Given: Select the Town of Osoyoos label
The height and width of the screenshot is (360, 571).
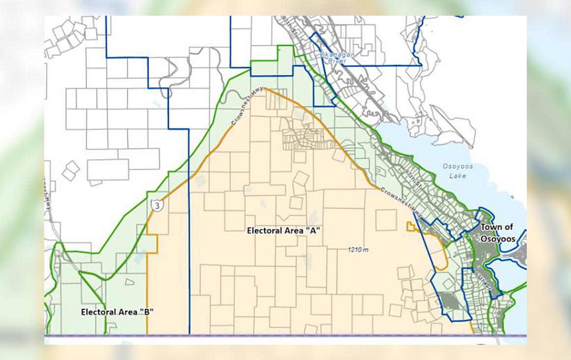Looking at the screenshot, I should (x=497, y=233).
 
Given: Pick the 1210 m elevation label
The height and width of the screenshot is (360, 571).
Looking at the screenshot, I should (x=358, y=250).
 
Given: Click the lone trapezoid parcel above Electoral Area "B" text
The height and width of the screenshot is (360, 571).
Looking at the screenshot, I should (x=130, y=282).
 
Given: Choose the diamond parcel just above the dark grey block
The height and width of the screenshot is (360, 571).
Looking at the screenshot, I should (x=448, y=283).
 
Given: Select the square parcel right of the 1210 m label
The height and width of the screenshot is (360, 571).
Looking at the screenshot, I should (x=386, y=220).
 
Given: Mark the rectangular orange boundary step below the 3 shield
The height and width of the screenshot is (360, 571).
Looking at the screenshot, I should (x=152, y=244).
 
